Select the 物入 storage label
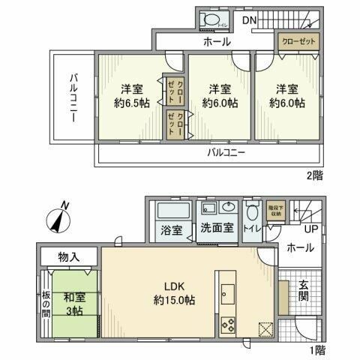coord(69,256)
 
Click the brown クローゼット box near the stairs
coord(298,40)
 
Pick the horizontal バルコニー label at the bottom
coord(225,152)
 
